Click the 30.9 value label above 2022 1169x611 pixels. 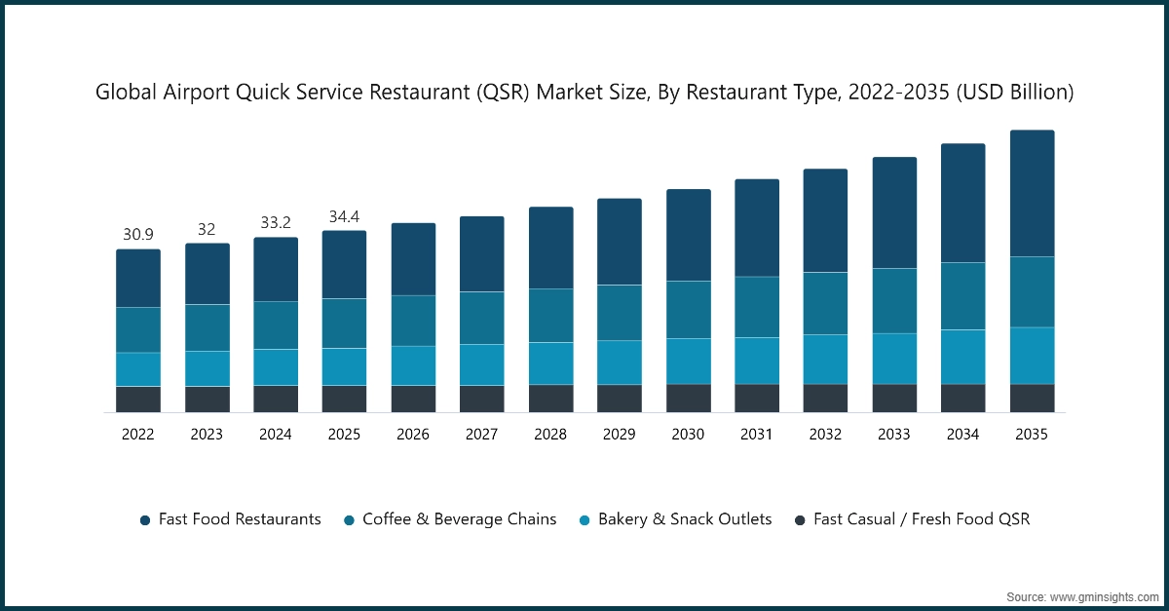pos(138,235)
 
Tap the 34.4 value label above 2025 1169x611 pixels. pos(345,216)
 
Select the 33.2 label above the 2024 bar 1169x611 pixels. pos(276,223)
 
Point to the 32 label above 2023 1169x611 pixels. pos(207,229)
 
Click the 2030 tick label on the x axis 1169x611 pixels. pos(688,435)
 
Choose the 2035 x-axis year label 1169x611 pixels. pos(1032,435)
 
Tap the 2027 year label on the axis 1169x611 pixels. pos(482,435)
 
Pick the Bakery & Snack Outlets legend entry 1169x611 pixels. pos(675,519)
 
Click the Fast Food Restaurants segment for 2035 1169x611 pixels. pos(1032,193)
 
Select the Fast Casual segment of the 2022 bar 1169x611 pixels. pos(138,400)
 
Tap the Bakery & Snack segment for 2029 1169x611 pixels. pos(620,363)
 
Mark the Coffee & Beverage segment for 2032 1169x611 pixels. pos(825,303)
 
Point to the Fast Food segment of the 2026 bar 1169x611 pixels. pos(413,259)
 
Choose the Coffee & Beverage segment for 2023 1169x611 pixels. pos(207,327)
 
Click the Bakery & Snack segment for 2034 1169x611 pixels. pos(962,357)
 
